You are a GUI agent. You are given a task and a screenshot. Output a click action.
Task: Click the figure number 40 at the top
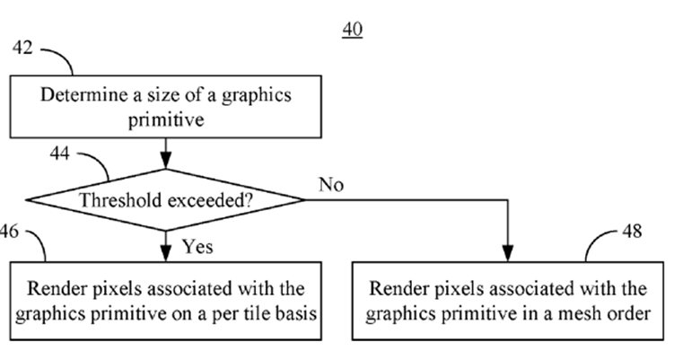coord(353,30)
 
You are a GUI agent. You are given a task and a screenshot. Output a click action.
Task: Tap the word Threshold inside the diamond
coord(116,200)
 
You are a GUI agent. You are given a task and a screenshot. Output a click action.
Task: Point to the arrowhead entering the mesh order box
coord(509,254)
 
